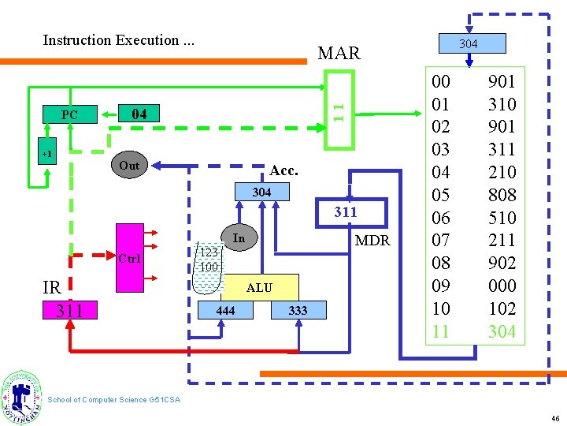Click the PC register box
pyautogui.click(x=69, y=115)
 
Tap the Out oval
pyautogui.click(x=129, y=166)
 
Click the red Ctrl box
pyautogui.click(x=129, y=259)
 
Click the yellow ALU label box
pyautogui.click(x=259, y=288)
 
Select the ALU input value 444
pyautogui.click(x=225, y=311)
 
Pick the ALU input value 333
pyautogui.click(x=298, y=311)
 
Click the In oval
pyautogui.click(x=239, y=238)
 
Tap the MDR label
pyautogui.click(x=372, y=241)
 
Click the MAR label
pyautogui.click(x=339, y=54)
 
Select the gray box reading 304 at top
pyautogui.click(x=468, y=44)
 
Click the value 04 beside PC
pyautogui.click(x=139, y=114)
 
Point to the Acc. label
pyautogui.click(x=283, y=170)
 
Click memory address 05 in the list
pyautogui.click(x=440, y=195)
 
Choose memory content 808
pyautogui.click(x=502, y=195)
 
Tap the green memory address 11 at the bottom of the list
pyautogui.click(x=440, y=331)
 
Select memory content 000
pyautogui.click(x=502, y=286)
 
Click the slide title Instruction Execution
pyautogui.click(x=119, y=40)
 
